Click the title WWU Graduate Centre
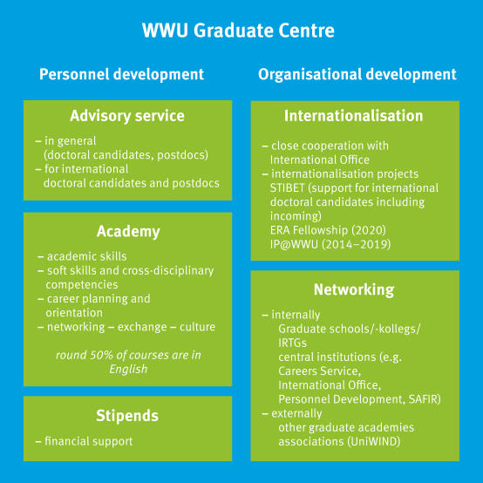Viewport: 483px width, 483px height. click(238, 31)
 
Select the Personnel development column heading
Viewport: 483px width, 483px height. click(122, 75)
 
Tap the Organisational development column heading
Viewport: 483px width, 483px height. click(357, 75)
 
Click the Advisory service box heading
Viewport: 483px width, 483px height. click(127, 116)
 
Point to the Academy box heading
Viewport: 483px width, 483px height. click(128, 232)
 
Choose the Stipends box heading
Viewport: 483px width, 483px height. click(127, 416)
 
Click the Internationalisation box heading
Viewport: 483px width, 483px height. click(354, 116)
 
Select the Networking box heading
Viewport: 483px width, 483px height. click(354, 290)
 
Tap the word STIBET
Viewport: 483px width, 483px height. click(288, 188)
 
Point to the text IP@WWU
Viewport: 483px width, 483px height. click(294, 244)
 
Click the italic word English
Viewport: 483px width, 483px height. click(128, 370)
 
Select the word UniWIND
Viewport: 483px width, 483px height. click(374, 441)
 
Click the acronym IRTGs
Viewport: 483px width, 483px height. click(293, 344)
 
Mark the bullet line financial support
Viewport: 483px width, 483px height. click(84, 441)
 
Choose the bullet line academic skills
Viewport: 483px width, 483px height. click(82, 256)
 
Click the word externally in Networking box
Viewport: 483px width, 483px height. click(296, 413)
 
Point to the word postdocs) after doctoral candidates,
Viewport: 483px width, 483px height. click(183, 155)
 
